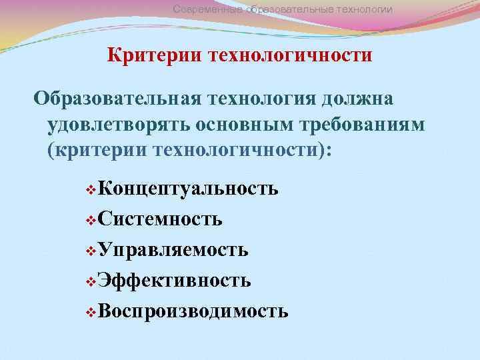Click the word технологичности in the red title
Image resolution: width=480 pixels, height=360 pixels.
click(x=291, y=54)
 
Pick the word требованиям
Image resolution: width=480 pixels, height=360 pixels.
click(x=360, y=124)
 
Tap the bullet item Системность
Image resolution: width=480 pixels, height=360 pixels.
click(x=160, y=219)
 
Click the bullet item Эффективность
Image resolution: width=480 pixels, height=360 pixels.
click(x=174, y=281)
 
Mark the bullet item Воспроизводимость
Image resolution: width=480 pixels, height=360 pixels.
click(x=193, y=311)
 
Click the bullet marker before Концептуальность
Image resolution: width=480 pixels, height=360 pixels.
click(x=91, y=189)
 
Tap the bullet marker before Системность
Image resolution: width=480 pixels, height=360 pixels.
click(x=91, y=220)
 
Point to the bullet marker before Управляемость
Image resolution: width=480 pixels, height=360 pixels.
click(x=91, y=251)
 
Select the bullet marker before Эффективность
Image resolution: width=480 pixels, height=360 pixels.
click(x=91, y=281)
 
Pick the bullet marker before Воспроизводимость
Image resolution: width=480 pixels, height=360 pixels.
click(x=91, y=312)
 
